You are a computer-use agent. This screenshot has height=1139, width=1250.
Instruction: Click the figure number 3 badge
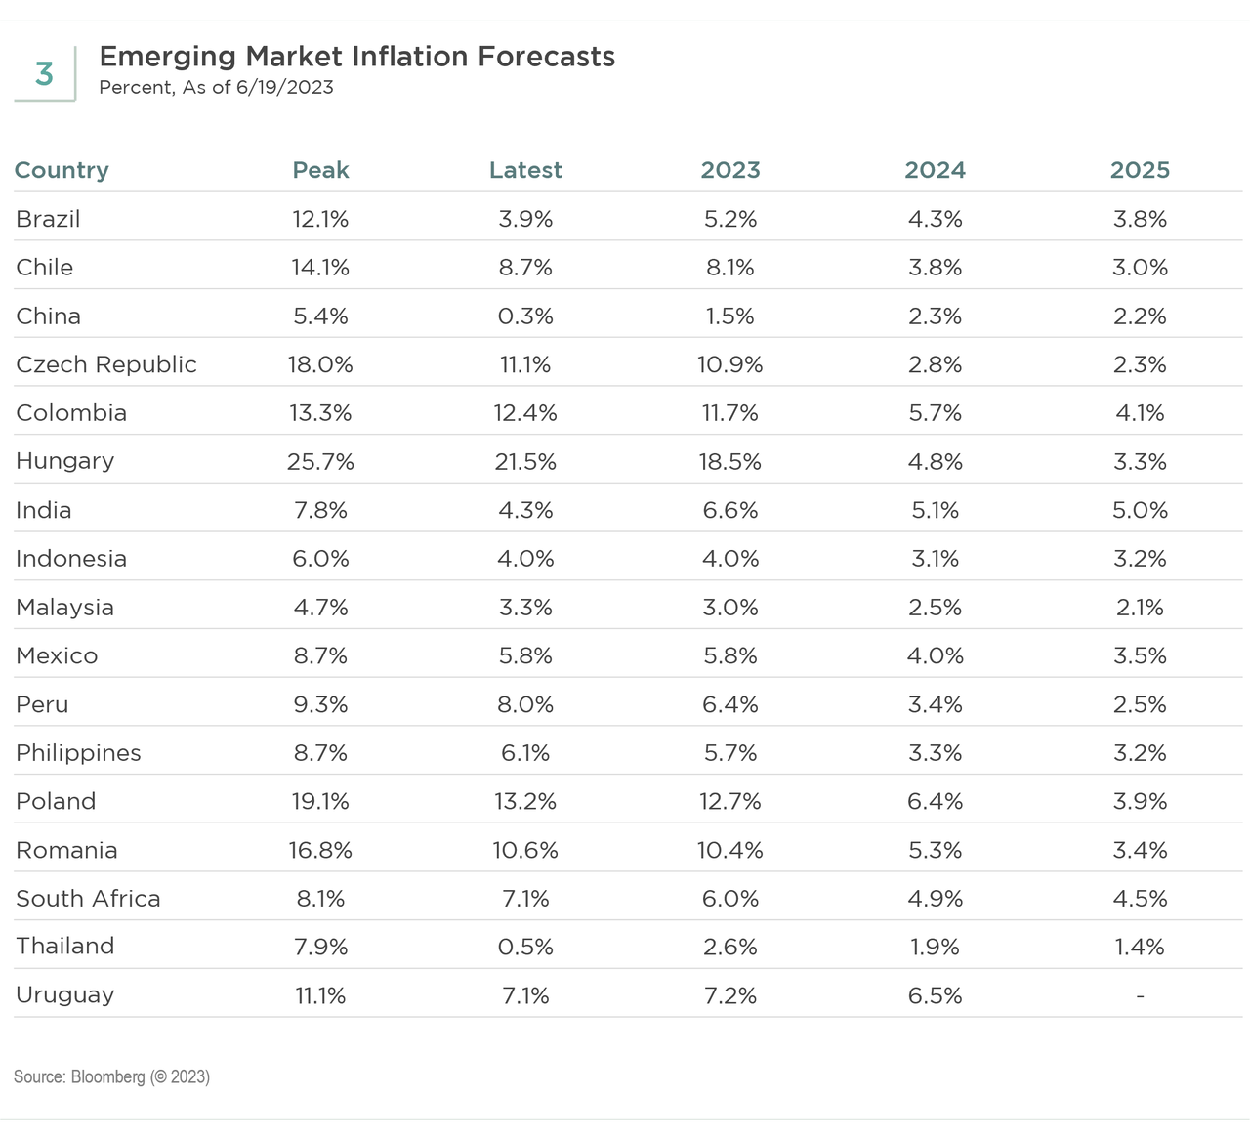(44, 74)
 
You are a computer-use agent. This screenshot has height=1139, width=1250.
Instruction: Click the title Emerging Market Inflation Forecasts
(356, 57)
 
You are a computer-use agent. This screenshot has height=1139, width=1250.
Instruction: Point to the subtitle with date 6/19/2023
(216, 88)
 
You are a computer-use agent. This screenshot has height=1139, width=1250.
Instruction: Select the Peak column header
(320, 170)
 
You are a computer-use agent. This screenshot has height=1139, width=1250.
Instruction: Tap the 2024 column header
(935, 170)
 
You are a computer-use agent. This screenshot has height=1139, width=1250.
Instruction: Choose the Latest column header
(525, 170)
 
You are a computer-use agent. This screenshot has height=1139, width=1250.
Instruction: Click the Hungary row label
(64, 461)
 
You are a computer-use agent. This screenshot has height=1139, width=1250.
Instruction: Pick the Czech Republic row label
(105, 364)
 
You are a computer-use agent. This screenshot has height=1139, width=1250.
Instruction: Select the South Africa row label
(88, 899)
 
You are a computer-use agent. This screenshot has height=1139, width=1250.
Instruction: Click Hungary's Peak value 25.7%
(320, 462)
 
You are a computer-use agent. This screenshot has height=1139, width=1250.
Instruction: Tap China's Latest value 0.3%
(525, 316)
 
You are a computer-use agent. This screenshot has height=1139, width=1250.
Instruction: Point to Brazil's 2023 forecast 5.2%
(730, 219)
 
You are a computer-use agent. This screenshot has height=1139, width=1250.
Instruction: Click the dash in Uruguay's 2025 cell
(1140, 995)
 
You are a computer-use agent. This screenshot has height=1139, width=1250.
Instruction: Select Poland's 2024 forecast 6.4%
(935, 802)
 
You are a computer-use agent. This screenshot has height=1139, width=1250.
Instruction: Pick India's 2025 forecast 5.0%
(1140, 510)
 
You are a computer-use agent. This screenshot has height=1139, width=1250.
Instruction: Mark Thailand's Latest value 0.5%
(525, 948)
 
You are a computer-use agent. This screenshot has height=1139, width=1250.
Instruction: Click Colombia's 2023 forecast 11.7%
(730, 413)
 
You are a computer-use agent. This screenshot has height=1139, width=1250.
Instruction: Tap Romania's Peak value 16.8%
(320, 851)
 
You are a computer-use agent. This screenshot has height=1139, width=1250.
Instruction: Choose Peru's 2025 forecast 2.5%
(1140, 704)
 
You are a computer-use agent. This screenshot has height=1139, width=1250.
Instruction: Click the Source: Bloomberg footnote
(111, 1076)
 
